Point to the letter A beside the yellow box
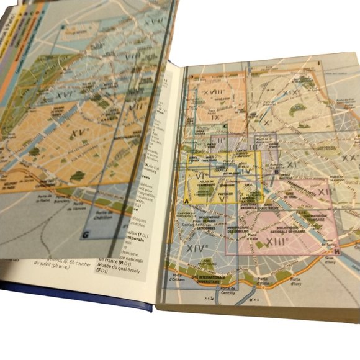[x=186, y=202]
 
